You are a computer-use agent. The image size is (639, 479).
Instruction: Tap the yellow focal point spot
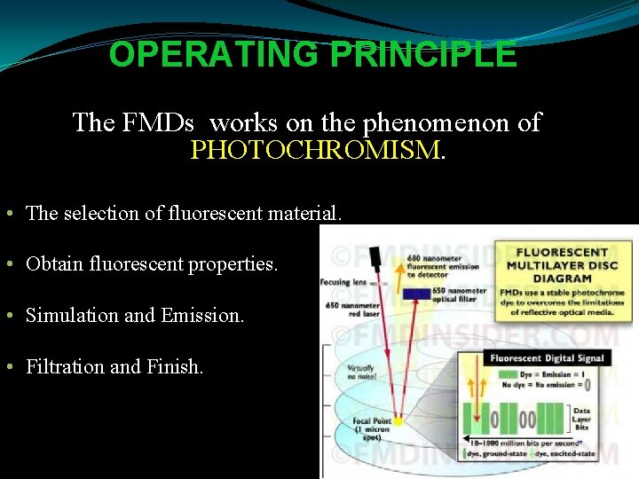pos(398,420)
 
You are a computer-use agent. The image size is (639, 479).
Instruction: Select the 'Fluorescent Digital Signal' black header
pos(546,358)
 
